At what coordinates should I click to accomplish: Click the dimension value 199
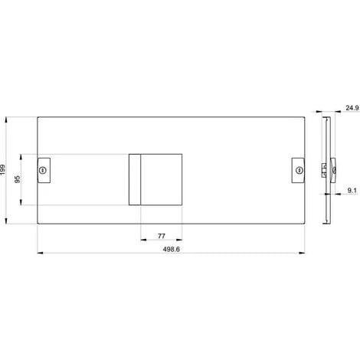4,169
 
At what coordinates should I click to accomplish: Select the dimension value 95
17,180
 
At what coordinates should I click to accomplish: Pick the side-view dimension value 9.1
349,188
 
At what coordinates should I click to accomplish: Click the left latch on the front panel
43,170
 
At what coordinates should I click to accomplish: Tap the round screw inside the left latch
43,170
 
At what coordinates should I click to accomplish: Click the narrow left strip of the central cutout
134,180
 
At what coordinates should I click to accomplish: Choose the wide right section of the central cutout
162,180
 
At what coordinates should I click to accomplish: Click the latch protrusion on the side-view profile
331,169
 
